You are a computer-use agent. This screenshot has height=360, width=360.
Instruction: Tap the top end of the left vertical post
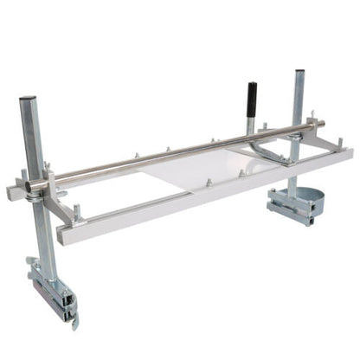tap(28, 100)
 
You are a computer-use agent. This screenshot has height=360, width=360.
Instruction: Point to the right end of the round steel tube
tap(321, 125)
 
